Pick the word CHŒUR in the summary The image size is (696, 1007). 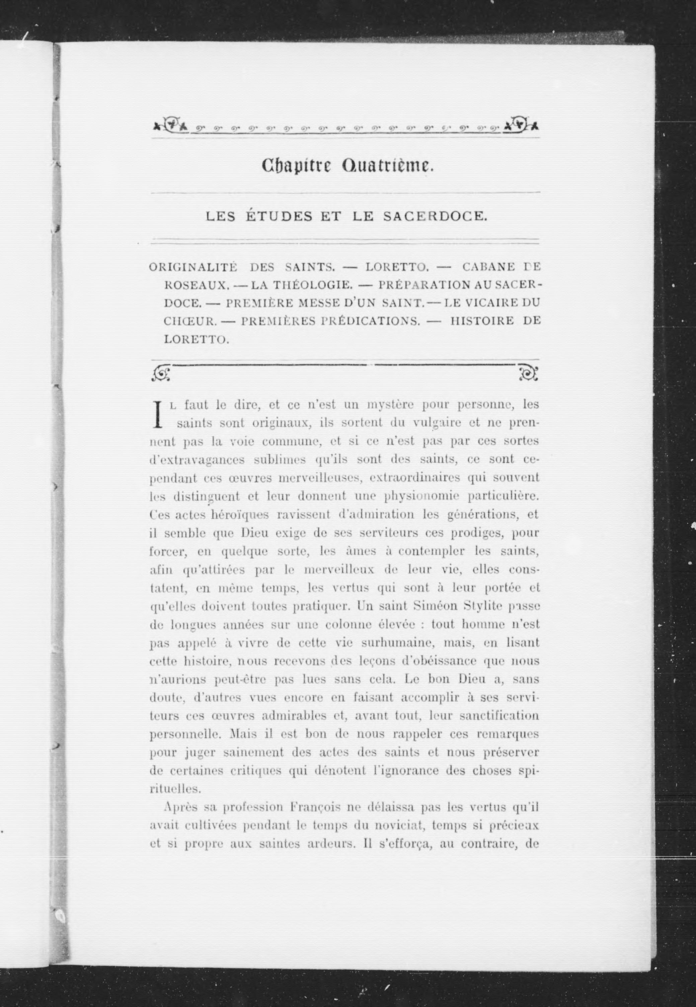pos(190,321)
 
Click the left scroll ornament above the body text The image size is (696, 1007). pos(161,373)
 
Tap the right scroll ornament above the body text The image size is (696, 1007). pos(528,373)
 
